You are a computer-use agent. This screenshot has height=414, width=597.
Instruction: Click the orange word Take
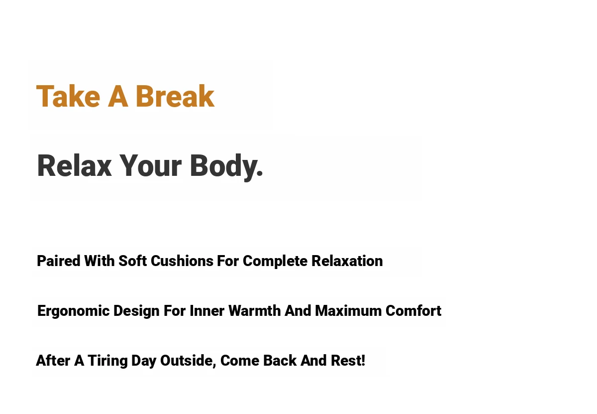pyautogui.click(x=68, y=96)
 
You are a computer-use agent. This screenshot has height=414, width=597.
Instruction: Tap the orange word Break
pyautogui.click(x=175, y=96)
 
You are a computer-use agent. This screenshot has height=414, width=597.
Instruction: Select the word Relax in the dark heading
pyautogui.click(x=74, y=165)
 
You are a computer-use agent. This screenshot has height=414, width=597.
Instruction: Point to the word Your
pyautogui.click(x=150, y=165)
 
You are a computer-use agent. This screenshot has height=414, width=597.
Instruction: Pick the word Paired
pyautogui.click(x=59, y=261)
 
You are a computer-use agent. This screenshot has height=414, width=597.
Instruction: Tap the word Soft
pyautogui.click(x=132, y=261)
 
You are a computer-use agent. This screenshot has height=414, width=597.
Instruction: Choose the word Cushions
pyautogui.click(x=182, y=261)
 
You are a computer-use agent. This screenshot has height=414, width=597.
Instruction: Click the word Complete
pyautogui.click(x=275, y=262)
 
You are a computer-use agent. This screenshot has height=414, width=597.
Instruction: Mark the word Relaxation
pyautogui.click(x=347, y=261)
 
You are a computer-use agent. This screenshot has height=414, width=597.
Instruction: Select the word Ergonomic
pyautogui.click(x=74, y=311)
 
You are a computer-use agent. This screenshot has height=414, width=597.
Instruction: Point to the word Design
pyautogui.click(x=136, y=311)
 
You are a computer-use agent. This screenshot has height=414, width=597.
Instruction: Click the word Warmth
pyautogui.click(x=255, y=311)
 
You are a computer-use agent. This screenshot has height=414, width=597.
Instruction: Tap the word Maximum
pyautogui.click(x=348, y=311)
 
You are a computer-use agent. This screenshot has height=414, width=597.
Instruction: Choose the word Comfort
pyautogui.click(x=413, y=311)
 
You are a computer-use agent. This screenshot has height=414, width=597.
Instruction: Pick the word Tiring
pyautogui.click(x=107, y=361)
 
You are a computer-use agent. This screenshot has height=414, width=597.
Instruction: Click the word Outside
pyautogui.click(x=188, y=361)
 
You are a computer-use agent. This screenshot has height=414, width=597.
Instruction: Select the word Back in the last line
pyautogui.click(x=280, y=360)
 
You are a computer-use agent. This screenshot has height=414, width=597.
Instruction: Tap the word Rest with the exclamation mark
pyautogui.click(x=348, y=360)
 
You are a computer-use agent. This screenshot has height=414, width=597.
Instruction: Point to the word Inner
pyautogui.click(x=207, y=311)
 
